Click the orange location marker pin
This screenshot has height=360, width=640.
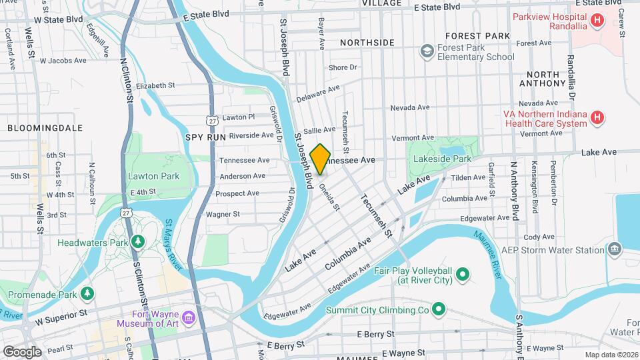321,159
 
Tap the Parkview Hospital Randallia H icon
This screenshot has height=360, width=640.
597,21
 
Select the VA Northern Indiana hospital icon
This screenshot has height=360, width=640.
597,118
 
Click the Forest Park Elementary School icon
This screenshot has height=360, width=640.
427,51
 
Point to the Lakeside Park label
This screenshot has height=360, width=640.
442,159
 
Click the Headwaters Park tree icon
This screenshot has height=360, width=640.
139,243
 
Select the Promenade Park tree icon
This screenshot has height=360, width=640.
87,293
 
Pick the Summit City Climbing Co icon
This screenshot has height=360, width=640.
438,309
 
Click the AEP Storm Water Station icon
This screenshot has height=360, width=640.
615,250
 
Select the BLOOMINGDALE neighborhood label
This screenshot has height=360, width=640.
45,127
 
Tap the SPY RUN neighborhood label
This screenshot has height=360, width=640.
202,136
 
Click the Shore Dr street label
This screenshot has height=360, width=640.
343,67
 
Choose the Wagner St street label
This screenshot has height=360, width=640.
223,214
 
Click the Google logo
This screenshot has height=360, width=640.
23,351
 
